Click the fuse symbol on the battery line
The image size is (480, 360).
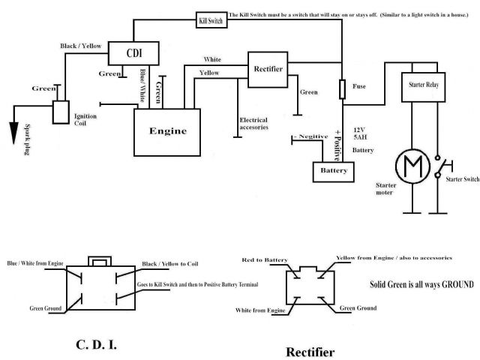[x=343, y=89]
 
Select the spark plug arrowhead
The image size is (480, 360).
[x=13, y=133]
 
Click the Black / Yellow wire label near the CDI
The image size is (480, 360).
[x=81, y=46]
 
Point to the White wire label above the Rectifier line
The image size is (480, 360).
[x=212, y=59]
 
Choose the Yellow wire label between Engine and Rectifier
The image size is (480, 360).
[x=209, y=73]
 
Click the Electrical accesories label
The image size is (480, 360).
[x=253, y=124]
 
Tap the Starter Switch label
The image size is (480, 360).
[x=463, y=179]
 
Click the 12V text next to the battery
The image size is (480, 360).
[x=359, y=130]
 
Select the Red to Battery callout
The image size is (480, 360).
[x=265, y=260]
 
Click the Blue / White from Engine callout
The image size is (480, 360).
[x=35, y=263]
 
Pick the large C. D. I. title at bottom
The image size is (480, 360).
[x=96, y=345]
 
